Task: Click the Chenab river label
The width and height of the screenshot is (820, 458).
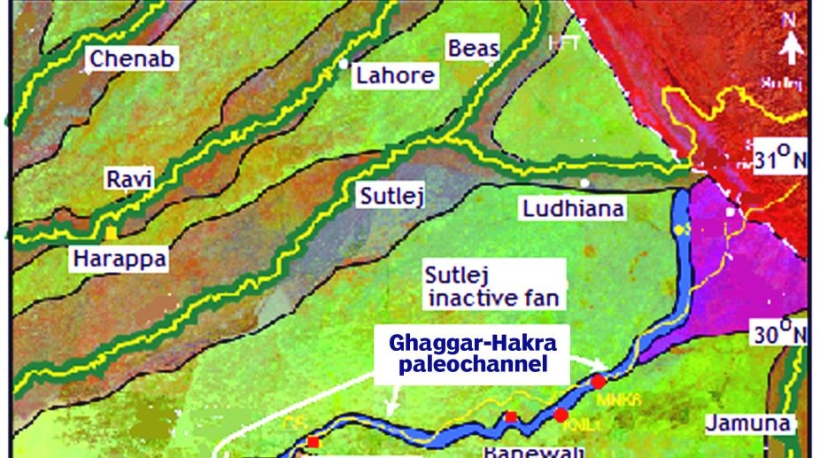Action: coord(132,59)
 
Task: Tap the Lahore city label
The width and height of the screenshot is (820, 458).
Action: coord(395,75)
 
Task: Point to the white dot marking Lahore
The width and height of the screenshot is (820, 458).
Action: coord(343,64)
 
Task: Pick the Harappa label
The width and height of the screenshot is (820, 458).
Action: coord(119,259)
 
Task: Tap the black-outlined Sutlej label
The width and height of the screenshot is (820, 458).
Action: coord(390,196)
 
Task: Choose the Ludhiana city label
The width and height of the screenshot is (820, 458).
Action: coord(572,209)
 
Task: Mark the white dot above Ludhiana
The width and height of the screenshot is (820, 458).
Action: coord(584,182)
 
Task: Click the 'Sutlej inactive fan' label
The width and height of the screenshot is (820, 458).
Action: coord(494,283)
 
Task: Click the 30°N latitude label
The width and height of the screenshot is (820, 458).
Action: coord(778,334)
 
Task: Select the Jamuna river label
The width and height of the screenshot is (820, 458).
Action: coord(747,423)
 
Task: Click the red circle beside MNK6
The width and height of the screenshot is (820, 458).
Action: coord(599,381)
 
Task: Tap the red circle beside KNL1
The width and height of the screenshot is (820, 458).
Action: coord(561,415)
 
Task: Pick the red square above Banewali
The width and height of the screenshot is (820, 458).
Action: coord(510,416)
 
